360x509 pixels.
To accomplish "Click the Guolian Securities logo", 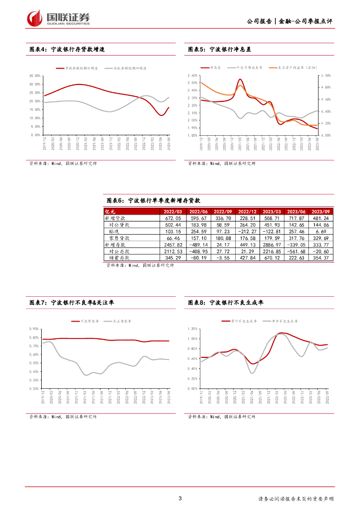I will (x=59, y=18).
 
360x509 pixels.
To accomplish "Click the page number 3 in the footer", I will (x=180, y=499).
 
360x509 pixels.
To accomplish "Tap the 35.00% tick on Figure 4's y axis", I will (x=35, y=76).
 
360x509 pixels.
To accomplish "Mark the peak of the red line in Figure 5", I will (x=240, y=80).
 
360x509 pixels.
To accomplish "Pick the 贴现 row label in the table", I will (x=114, y=232).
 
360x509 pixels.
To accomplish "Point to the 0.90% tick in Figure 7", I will (x=35, y=329).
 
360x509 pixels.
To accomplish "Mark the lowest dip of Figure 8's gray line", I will (x=253, y=372).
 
